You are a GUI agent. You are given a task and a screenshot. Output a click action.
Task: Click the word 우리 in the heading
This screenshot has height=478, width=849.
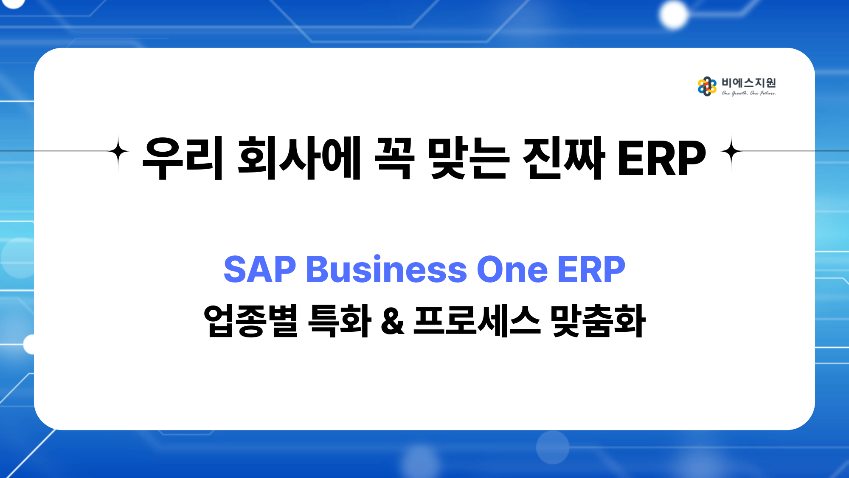(183, 158)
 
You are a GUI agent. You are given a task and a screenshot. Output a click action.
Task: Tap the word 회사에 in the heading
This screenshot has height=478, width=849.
(299, 158)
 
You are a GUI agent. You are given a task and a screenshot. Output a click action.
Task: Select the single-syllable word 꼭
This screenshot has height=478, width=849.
(394, 158)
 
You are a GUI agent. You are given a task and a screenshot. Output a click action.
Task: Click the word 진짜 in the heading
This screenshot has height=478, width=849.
(564, 158)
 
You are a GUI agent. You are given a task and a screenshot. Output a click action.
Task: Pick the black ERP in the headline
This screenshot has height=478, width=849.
(662, 158)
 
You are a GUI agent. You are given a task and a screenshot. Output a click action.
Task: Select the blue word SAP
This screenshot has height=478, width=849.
(260, 269)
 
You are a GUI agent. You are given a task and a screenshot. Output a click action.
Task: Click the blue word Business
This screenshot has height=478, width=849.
(386, 269)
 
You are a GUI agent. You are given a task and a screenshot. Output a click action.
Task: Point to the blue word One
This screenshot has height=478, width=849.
(512, 269)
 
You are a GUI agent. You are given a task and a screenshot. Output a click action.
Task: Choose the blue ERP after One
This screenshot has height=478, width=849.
(591, 269)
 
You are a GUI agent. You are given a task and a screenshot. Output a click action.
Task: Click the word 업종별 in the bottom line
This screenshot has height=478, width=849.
(251, 321)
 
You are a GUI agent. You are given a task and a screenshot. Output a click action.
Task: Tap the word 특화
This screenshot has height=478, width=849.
(340, 321)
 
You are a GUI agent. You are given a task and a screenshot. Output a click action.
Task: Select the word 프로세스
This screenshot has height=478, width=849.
(477, 321)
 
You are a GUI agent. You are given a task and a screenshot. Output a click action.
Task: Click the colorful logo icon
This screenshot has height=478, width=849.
(707, 86)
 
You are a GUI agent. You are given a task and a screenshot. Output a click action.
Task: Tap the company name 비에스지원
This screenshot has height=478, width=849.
(749, 82)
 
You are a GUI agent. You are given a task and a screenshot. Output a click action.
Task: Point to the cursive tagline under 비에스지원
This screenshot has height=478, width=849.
(749, 93)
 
